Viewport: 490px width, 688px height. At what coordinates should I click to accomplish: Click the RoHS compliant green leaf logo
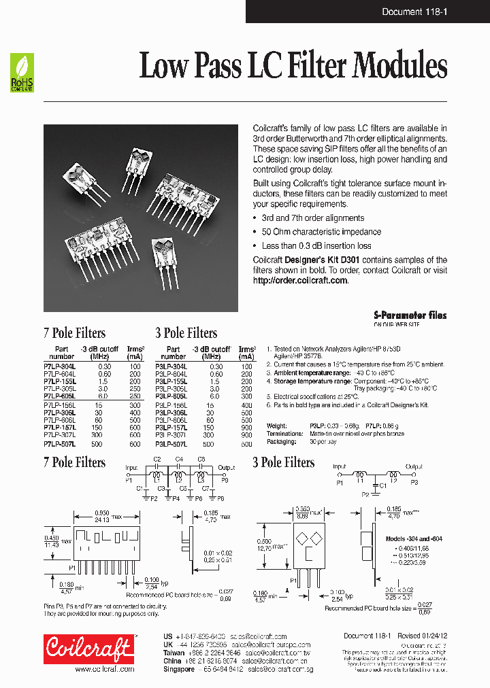(21, 73)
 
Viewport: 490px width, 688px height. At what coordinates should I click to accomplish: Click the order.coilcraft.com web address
(300, 280)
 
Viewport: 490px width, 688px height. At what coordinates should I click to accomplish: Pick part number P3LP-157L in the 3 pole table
(171, 428)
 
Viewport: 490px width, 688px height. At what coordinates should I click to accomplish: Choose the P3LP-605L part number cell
(171, 396)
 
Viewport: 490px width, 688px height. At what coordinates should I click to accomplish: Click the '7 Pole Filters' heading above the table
(74, 333)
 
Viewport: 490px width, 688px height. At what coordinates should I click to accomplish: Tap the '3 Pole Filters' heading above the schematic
(283, 463)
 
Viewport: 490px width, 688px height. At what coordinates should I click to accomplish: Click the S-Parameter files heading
(410, 315)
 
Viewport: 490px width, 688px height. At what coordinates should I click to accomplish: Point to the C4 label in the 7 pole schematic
(179, 460)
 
